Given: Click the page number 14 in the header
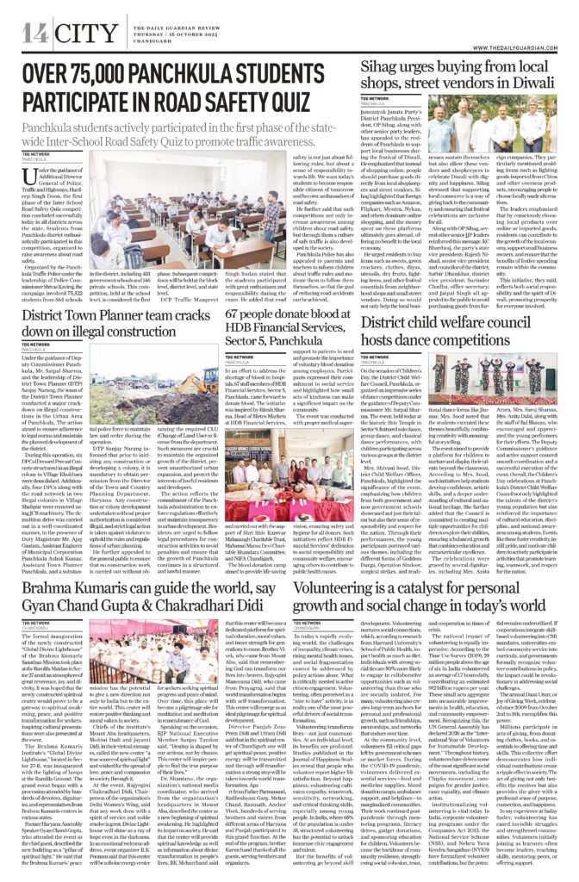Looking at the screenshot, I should [34, 33].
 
